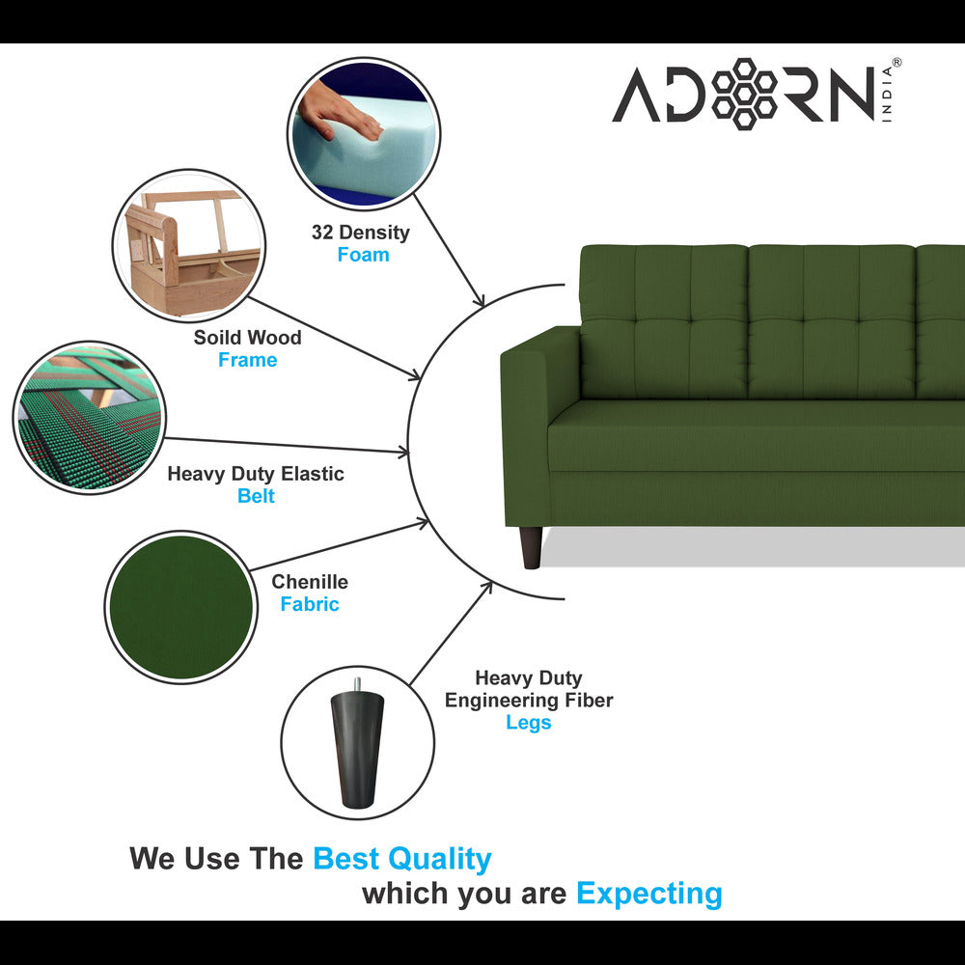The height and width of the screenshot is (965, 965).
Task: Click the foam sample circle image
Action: (x=363, y=133)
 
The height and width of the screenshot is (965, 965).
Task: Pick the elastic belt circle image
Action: (x=89, y=417)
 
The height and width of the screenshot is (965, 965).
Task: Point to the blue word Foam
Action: (x=363, y=255)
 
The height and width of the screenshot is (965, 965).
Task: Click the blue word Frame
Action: (x=247, y=360)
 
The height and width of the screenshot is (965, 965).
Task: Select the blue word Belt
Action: (x=256, y=496)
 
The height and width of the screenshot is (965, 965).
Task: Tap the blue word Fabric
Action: (x=310, y=604)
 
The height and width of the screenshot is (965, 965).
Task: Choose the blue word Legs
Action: (x=528, y=723)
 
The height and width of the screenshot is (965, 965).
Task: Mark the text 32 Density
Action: (x=360, y=233)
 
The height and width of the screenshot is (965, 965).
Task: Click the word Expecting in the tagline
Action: (x=648, y=894)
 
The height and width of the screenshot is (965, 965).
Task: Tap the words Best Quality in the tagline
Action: (x=402, y=858)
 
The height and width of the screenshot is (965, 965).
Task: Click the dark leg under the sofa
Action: (x=531, y=547)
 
